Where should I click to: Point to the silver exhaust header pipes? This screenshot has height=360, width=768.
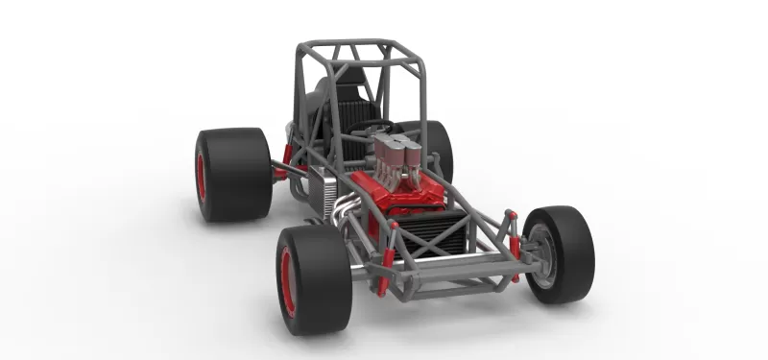click(341, 206)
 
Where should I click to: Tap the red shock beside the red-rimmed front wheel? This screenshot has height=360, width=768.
click(385, 270)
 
